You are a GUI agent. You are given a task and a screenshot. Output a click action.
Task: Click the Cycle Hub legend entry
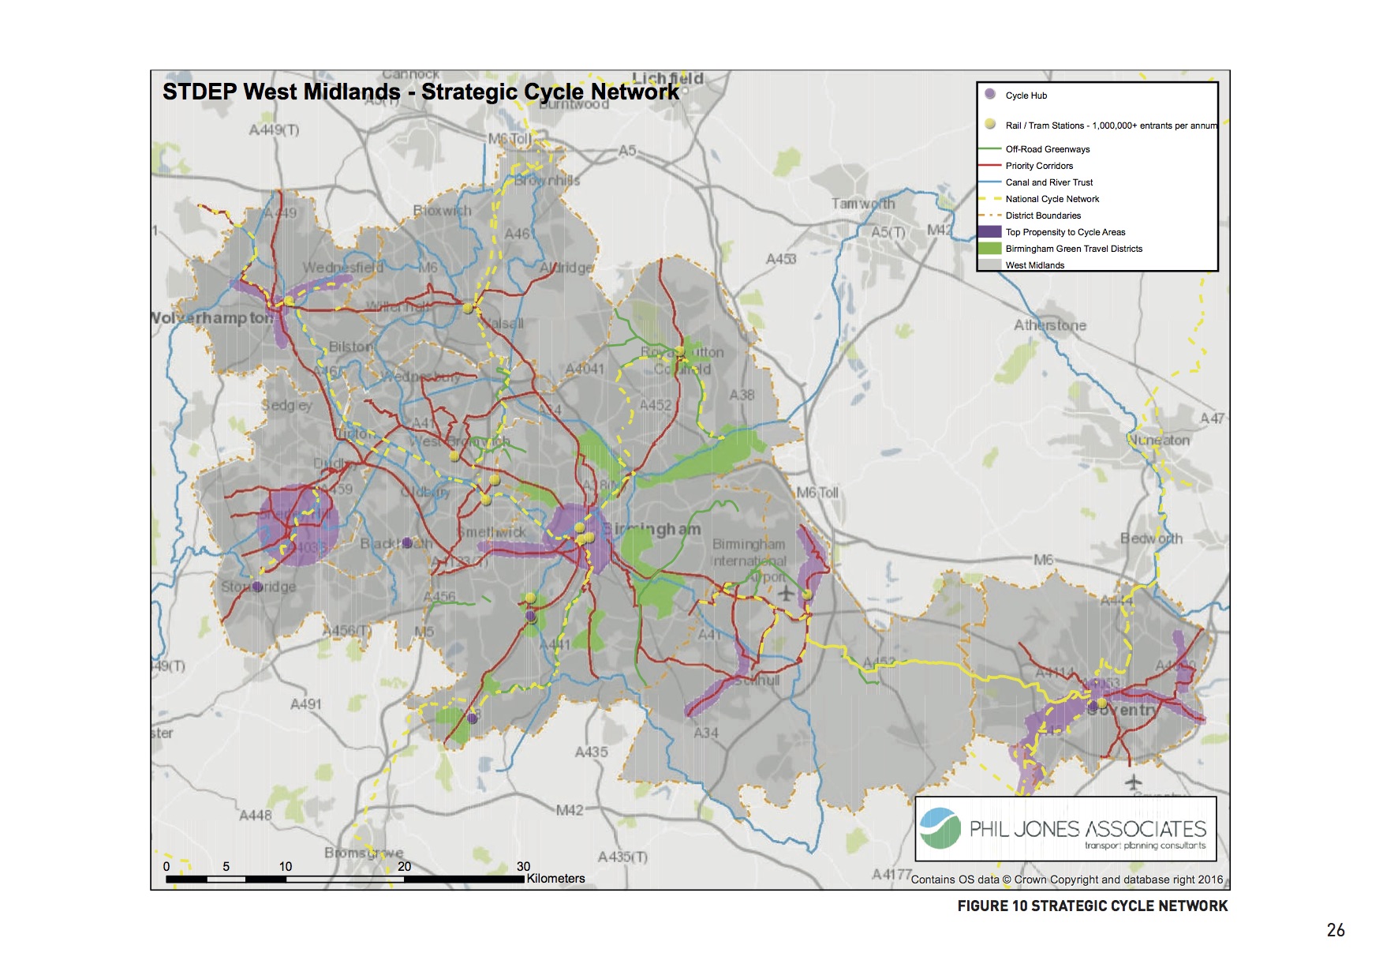(x=1026, y=96)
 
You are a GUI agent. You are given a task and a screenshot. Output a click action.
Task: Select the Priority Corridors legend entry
(x=1039, y=166)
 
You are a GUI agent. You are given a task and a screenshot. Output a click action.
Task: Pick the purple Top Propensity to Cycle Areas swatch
(x=989, y=232)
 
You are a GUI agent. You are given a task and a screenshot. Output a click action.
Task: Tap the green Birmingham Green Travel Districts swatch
(x=989, y=249)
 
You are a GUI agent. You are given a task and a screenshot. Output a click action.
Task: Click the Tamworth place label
(x=863, y=204)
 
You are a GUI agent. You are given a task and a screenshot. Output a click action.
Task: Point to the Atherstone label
(x=1050, y=325)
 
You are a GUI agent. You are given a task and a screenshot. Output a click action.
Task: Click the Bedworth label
(x=1151, y=538)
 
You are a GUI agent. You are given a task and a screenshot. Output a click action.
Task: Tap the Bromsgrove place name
(x=364, y=853)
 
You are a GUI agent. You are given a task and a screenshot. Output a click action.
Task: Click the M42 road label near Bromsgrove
(x=570, y=810)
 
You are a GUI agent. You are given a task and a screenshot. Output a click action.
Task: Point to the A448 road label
(x=256, y=815)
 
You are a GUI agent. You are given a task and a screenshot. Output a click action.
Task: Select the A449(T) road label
(x=274, y=129)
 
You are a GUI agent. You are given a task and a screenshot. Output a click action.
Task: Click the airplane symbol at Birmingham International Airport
(x=786, y=592)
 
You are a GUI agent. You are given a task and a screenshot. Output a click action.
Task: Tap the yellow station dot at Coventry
(x=1101, y=703)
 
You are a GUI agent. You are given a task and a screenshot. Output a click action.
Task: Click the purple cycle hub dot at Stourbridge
(x=257, y=587)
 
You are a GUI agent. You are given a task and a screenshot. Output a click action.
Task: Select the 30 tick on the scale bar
(x=523, y=866)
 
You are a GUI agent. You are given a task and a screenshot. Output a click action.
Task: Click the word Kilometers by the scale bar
(x=555, y=879)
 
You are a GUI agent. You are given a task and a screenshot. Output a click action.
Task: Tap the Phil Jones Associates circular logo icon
(x=940, y=828)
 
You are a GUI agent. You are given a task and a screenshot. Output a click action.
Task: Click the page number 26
(x=1335, y=930)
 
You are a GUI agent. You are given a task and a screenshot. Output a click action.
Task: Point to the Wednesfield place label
(x=342, y=268)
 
